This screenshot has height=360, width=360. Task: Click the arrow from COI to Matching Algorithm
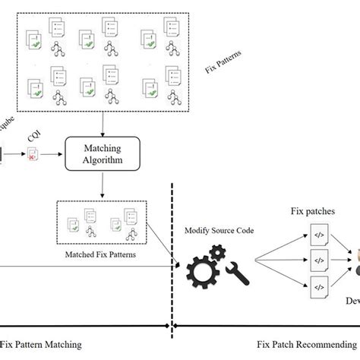click(x=53, y=154)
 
